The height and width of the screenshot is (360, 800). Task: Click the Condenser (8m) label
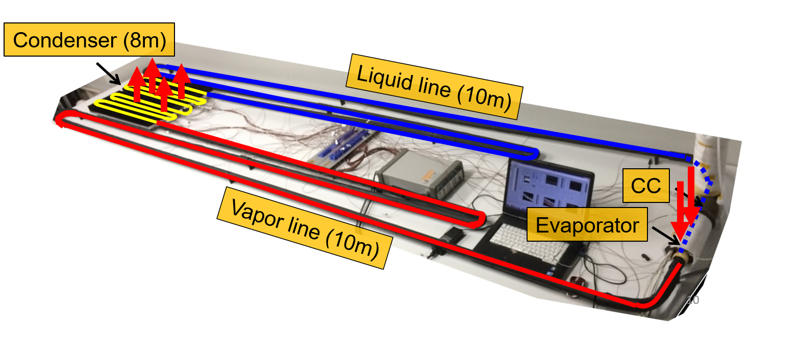[89, 40]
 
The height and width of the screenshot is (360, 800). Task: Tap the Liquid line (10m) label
[434, 90]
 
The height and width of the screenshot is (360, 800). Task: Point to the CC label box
[645, 187]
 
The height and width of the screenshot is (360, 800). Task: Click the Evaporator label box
[587, 225]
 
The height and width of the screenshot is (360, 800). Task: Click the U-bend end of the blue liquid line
[533, 152]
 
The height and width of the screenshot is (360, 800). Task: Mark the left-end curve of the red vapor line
[61, 120]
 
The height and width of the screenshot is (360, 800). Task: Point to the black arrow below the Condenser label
[114, 78]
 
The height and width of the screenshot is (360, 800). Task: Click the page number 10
[692, 300]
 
